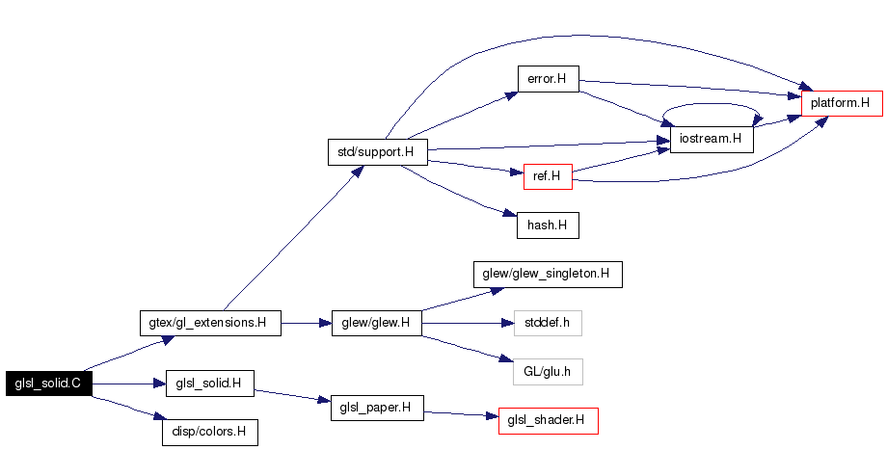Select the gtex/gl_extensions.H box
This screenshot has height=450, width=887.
(210, 323)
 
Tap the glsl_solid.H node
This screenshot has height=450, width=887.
(209, 384)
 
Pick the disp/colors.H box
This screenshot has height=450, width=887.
(209, 432)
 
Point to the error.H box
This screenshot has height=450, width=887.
(548, 79)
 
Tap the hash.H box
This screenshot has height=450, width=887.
(547, 225)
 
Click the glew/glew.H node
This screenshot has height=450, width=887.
(377, 323)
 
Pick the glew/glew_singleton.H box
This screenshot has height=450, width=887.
(547, 274)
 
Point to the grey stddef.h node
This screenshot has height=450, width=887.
(548, 323)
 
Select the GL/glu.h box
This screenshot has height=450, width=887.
(548, 371)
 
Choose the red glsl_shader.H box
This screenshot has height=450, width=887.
(548, 420)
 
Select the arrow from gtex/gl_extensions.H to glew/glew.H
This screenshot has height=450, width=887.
(306, 323)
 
